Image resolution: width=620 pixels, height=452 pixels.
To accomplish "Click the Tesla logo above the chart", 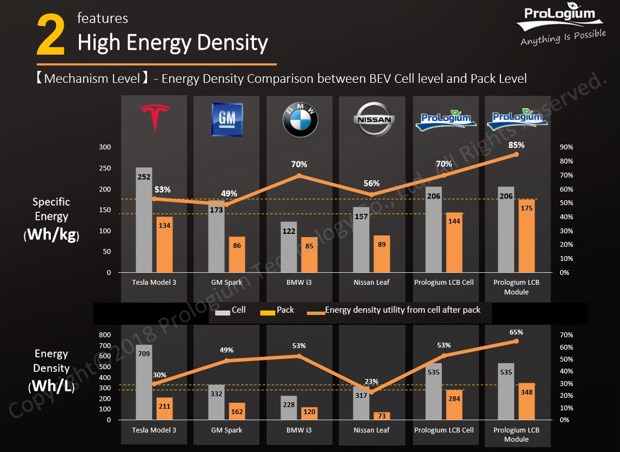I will click(x=155, y=117).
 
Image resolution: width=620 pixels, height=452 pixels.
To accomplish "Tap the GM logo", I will click(x=227, y=120).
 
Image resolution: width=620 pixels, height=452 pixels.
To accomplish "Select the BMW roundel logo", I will click(x=300, y=121).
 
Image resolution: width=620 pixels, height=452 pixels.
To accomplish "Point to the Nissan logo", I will click(x=374, y=120).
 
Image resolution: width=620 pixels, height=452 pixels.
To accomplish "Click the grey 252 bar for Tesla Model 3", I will click(x=144, y=220).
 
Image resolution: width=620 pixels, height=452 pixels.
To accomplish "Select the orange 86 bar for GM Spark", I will click(x=237, y=254).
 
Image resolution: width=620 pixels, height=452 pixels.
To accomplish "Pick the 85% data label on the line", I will click(x=516, y=145).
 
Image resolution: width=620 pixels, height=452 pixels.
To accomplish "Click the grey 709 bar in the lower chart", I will click(x=144, y=382).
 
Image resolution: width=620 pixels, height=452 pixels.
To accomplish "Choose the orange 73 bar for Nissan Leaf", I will click(x=382, y=416).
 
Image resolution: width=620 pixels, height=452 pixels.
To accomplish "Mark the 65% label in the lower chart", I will click(x=516, y=332).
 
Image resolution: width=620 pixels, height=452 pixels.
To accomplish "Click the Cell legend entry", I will click(x=230, y=310).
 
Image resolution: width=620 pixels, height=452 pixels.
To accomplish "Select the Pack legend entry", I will click(x=277, y=310).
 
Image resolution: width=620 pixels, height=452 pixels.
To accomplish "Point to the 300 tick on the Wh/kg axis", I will click(x=104, y=147).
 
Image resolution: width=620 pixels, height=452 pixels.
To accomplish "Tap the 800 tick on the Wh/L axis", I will click(x=104, y=335).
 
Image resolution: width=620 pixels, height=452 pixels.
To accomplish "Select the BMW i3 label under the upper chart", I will click(x=299, y=282).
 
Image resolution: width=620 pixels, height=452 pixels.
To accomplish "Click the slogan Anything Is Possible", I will click(x=563, y=37).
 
